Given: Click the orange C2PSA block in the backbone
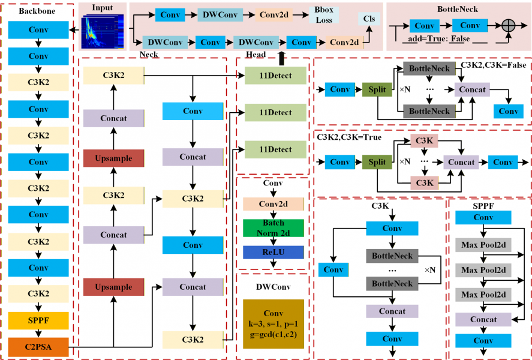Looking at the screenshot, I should click(x=38, y=346).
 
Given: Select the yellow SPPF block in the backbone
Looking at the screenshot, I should click(x=38, y=320).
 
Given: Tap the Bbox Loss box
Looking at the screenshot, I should click(x=324, y=15).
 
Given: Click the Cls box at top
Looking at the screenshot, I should click(x=369, y=19).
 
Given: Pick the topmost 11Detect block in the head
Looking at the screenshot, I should click(x=276, y=76).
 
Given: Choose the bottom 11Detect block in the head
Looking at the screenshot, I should click(x=276, y=149).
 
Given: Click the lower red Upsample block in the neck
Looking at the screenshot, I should click(x=114, y=287).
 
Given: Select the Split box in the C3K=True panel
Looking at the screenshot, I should click(x=377, y=162).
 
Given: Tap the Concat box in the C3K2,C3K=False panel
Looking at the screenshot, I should click(x=472, y=89).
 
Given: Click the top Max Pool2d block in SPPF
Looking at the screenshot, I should click(x=483, y=244).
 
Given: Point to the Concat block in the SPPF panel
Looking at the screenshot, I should click(x=483, y=319).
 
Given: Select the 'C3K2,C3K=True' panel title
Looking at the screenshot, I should click(x=348, y=137).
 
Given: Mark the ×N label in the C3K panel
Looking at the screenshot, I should click(x=431, y=271).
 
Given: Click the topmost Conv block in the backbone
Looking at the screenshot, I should click(x=38, y=30).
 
